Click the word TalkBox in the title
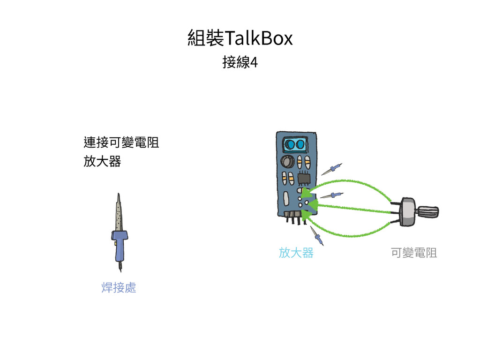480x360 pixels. pos(259,38)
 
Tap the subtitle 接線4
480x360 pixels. pos(240,62)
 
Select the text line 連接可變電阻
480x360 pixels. pos(121,142)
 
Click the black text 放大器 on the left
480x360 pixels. pos(102,162)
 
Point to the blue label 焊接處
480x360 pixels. pos(119,287)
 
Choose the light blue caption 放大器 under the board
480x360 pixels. pos(296,253)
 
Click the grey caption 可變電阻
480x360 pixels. pos(413,253)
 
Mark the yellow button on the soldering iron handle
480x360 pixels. pos(115,244)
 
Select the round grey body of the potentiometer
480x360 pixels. pos(408,212)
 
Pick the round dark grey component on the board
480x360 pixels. pos(286,162)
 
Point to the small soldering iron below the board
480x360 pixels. pos(316,236)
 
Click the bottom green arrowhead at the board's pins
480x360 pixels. pos(307,216)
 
